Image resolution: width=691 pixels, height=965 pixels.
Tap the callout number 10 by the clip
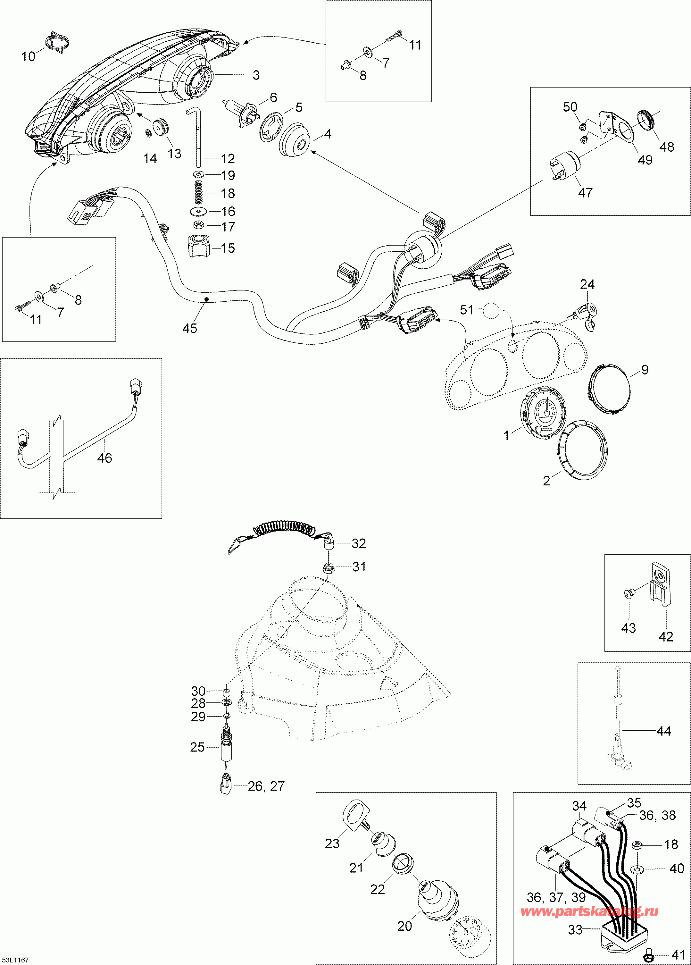point(28,57)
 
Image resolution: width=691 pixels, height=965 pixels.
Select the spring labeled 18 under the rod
point(198,192)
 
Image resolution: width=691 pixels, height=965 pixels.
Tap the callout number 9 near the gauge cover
point(645,370)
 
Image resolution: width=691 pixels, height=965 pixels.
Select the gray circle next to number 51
point(492,311)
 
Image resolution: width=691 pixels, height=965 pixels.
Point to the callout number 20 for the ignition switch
point(404,926)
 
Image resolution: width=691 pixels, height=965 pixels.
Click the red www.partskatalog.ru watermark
point(589,911)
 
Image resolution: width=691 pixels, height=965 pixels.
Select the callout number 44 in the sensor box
point(663,731)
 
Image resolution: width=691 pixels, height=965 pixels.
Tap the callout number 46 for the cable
point(104,458)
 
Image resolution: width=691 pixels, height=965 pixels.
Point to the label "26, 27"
point(266,786)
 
